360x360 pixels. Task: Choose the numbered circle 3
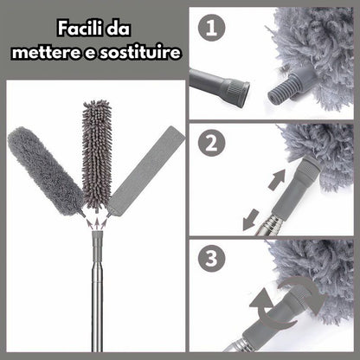[x=213, y=260]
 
